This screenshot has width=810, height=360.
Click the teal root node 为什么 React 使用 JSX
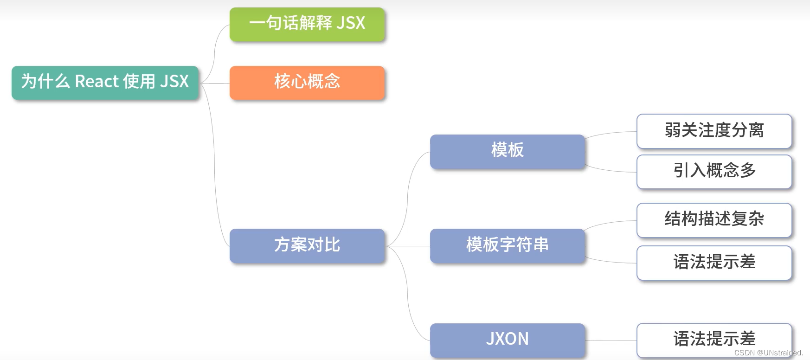tap(105, 83)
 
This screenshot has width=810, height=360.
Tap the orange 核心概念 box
tap(307, 83)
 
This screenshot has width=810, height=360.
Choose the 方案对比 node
tap(307, 245)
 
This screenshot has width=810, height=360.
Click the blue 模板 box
tap(507, 151)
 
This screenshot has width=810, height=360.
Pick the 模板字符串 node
tap(507, 245)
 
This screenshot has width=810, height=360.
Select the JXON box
tap(507, 340)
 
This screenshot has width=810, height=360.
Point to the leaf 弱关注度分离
tap(714, 131)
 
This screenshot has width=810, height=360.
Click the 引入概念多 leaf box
tap(714, 171)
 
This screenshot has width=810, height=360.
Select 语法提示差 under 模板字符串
tap(714, 263)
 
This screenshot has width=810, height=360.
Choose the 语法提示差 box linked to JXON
tap(714, 340)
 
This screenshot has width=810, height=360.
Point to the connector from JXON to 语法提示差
tap(611, 341)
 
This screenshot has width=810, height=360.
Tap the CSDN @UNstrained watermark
tap(768, 353)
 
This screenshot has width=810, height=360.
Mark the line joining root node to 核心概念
tap(215, 84)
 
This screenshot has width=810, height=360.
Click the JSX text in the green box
tap(351, 23)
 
